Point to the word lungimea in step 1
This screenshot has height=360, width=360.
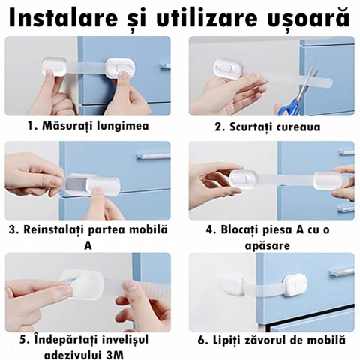click(x=123, y=126)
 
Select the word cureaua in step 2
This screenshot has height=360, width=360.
click(x=298, y=127)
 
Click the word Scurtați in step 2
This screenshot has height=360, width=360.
click(x=252, y=127)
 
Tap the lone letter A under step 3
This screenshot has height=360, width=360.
click(x=88, y=246)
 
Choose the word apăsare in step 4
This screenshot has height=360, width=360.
click(x=268, y=246)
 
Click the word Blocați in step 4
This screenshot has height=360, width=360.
click(x=241, y=229)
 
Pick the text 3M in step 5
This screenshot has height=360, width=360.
click(x=115, y=355)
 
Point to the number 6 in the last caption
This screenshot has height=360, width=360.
click(x=201, y=340)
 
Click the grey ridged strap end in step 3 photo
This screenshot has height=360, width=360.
click(x=76, y=185)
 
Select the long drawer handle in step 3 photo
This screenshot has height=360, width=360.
click(x=153, y=157)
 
